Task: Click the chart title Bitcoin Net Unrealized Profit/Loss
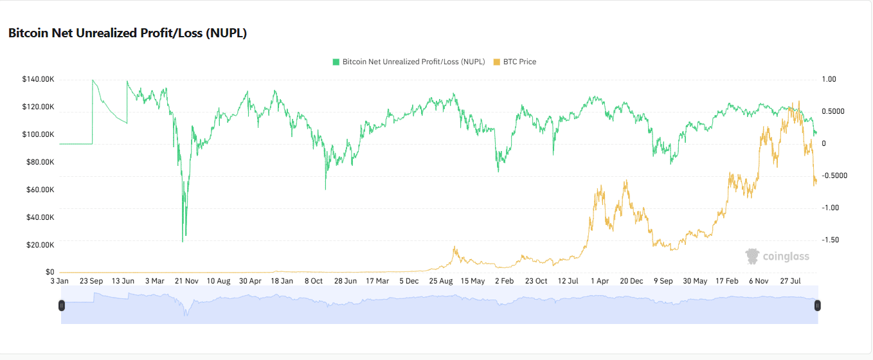click(127, 33)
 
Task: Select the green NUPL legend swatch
click(336, 62)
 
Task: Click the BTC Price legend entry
click(514, 62)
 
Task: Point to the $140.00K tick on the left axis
click(38, 79)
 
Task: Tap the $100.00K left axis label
click(38, 134)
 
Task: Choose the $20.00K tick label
click(40, 245)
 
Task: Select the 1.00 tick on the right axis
click(829, 79)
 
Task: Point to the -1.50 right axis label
click(830, 240)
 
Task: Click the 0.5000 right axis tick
click(833, 111)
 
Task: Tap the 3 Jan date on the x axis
click(59, 281)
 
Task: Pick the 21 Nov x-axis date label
click(186, 281)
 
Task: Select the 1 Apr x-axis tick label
click(600, 281)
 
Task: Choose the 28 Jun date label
click(345, 281)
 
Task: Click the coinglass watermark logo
click(777, 256)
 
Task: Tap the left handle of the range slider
click(62, 305)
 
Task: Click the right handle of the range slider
click(817, 305)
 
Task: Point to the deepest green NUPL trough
click(183, 242)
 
